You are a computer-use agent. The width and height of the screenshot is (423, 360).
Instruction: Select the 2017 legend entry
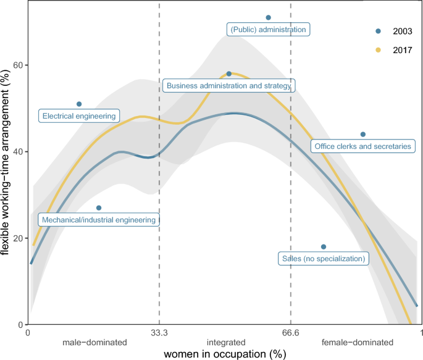[x=394, y=49]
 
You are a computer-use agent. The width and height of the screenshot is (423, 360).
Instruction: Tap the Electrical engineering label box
[x=79, y=115]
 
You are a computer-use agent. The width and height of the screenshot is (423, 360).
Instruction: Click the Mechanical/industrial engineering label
[x=99, y=219]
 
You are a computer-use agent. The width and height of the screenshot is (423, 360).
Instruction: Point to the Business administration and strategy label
[x=228, y=86]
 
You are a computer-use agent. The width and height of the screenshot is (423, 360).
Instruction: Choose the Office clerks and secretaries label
[x=362, y=146]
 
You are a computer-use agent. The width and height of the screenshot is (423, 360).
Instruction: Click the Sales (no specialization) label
[x=324, y=258]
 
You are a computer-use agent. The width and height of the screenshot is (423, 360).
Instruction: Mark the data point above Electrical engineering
[x=79, y=104]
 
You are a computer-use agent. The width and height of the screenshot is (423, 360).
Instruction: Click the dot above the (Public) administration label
[x=268, y=18]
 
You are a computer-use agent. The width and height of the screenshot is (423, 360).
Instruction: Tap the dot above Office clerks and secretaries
[x=363, y=135]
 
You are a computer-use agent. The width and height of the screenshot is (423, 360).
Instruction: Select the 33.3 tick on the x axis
[x=159, y=333]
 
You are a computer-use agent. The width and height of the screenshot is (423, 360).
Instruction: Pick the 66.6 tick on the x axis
[x=291, y=333]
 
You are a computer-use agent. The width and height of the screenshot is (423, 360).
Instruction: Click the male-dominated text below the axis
[x=94, y=342]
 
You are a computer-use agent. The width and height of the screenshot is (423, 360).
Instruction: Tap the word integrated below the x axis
[x=226, y=342]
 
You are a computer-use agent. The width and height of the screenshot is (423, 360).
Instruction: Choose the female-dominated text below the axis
[x=357, y=342]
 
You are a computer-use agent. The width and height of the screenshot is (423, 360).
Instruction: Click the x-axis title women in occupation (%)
[x=225, y=354]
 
